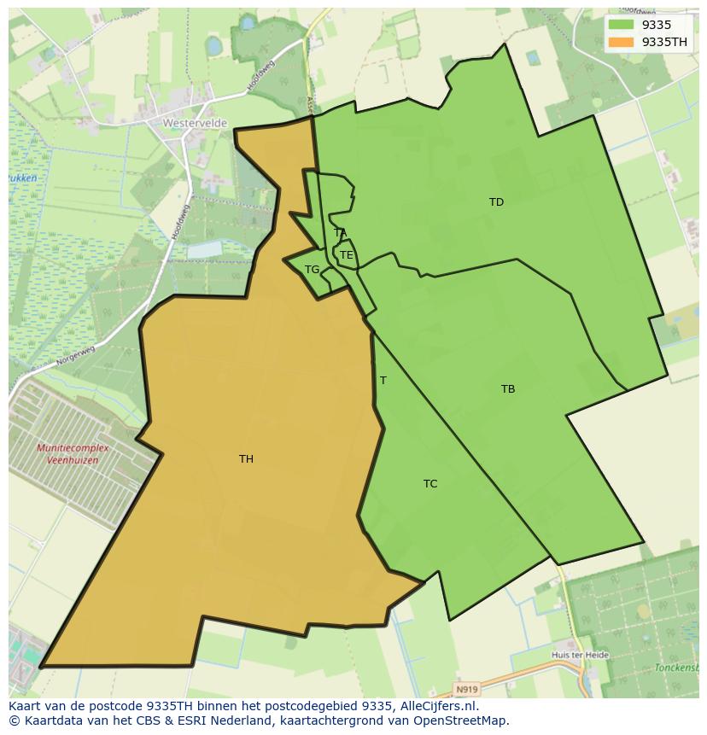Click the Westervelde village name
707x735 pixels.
(x=195, y=123)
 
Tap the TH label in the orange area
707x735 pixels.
(x=246, y=459)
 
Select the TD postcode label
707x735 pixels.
(x=496, y=202)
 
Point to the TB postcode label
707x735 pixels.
(x=508, y=389)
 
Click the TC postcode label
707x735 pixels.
(x=430, y=484)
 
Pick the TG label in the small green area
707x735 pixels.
(x=312, y=270)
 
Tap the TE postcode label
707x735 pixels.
(x=347, y=255)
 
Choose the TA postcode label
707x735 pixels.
(x=340, y=232)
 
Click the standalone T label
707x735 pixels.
(x=383, y=381)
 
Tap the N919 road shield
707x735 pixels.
(x=465, y=688)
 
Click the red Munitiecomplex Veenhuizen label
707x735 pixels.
(x=67, y=454)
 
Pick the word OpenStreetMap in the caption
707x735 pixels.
(x=465, y=720)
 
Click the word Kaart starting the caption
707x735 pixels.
(x=26, y=706)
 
